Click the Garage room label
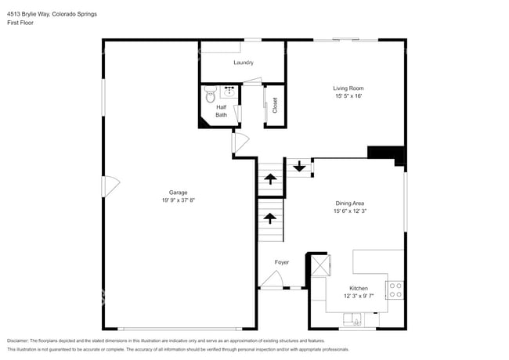[x=179, y=193]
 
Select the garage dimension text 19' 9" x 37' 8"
[x=179, y=200]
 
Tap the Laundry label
[x=244, y=62]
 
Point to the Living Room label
[x=348, y=88]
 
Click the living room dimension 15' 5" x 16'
[x=348, y=95]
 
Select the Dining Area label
[x=349, y=203]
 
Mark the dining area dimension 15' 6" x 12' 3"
[x=349, y=211]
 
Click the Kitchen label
[x=359, y=288]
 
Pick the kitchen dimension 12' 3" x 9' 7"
[x=359, y=296]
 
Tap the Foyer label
[x=282, y=262]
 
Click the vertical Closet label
[x=275, y=105]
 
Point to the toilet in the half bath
[x=210, y=97]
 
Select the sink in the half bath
[x=230, y=91]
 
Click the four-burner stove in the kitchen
[x=396, y=290]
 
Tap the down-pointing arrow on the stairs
[x=298, y=166]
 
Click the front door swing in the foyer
[x=273, y=279]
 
